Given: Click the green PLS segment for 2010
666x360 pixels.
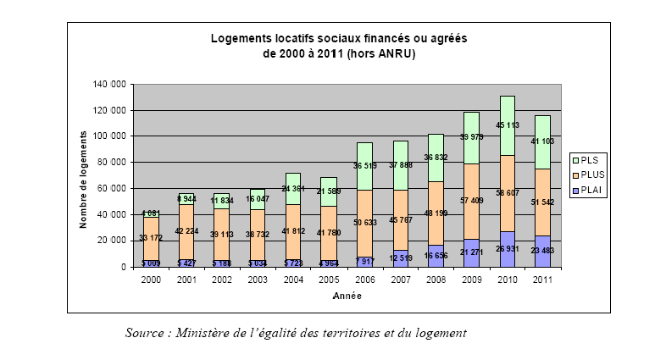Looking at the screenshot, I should point(508,125).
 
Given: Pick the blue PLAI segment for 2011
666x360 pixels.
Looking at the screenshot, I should point(543,251).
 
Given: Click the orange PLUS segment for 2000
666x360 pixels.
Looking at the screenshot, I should point(152,239).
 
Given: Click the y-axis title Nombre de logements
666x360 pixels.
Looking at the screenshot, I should point(85,179).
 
